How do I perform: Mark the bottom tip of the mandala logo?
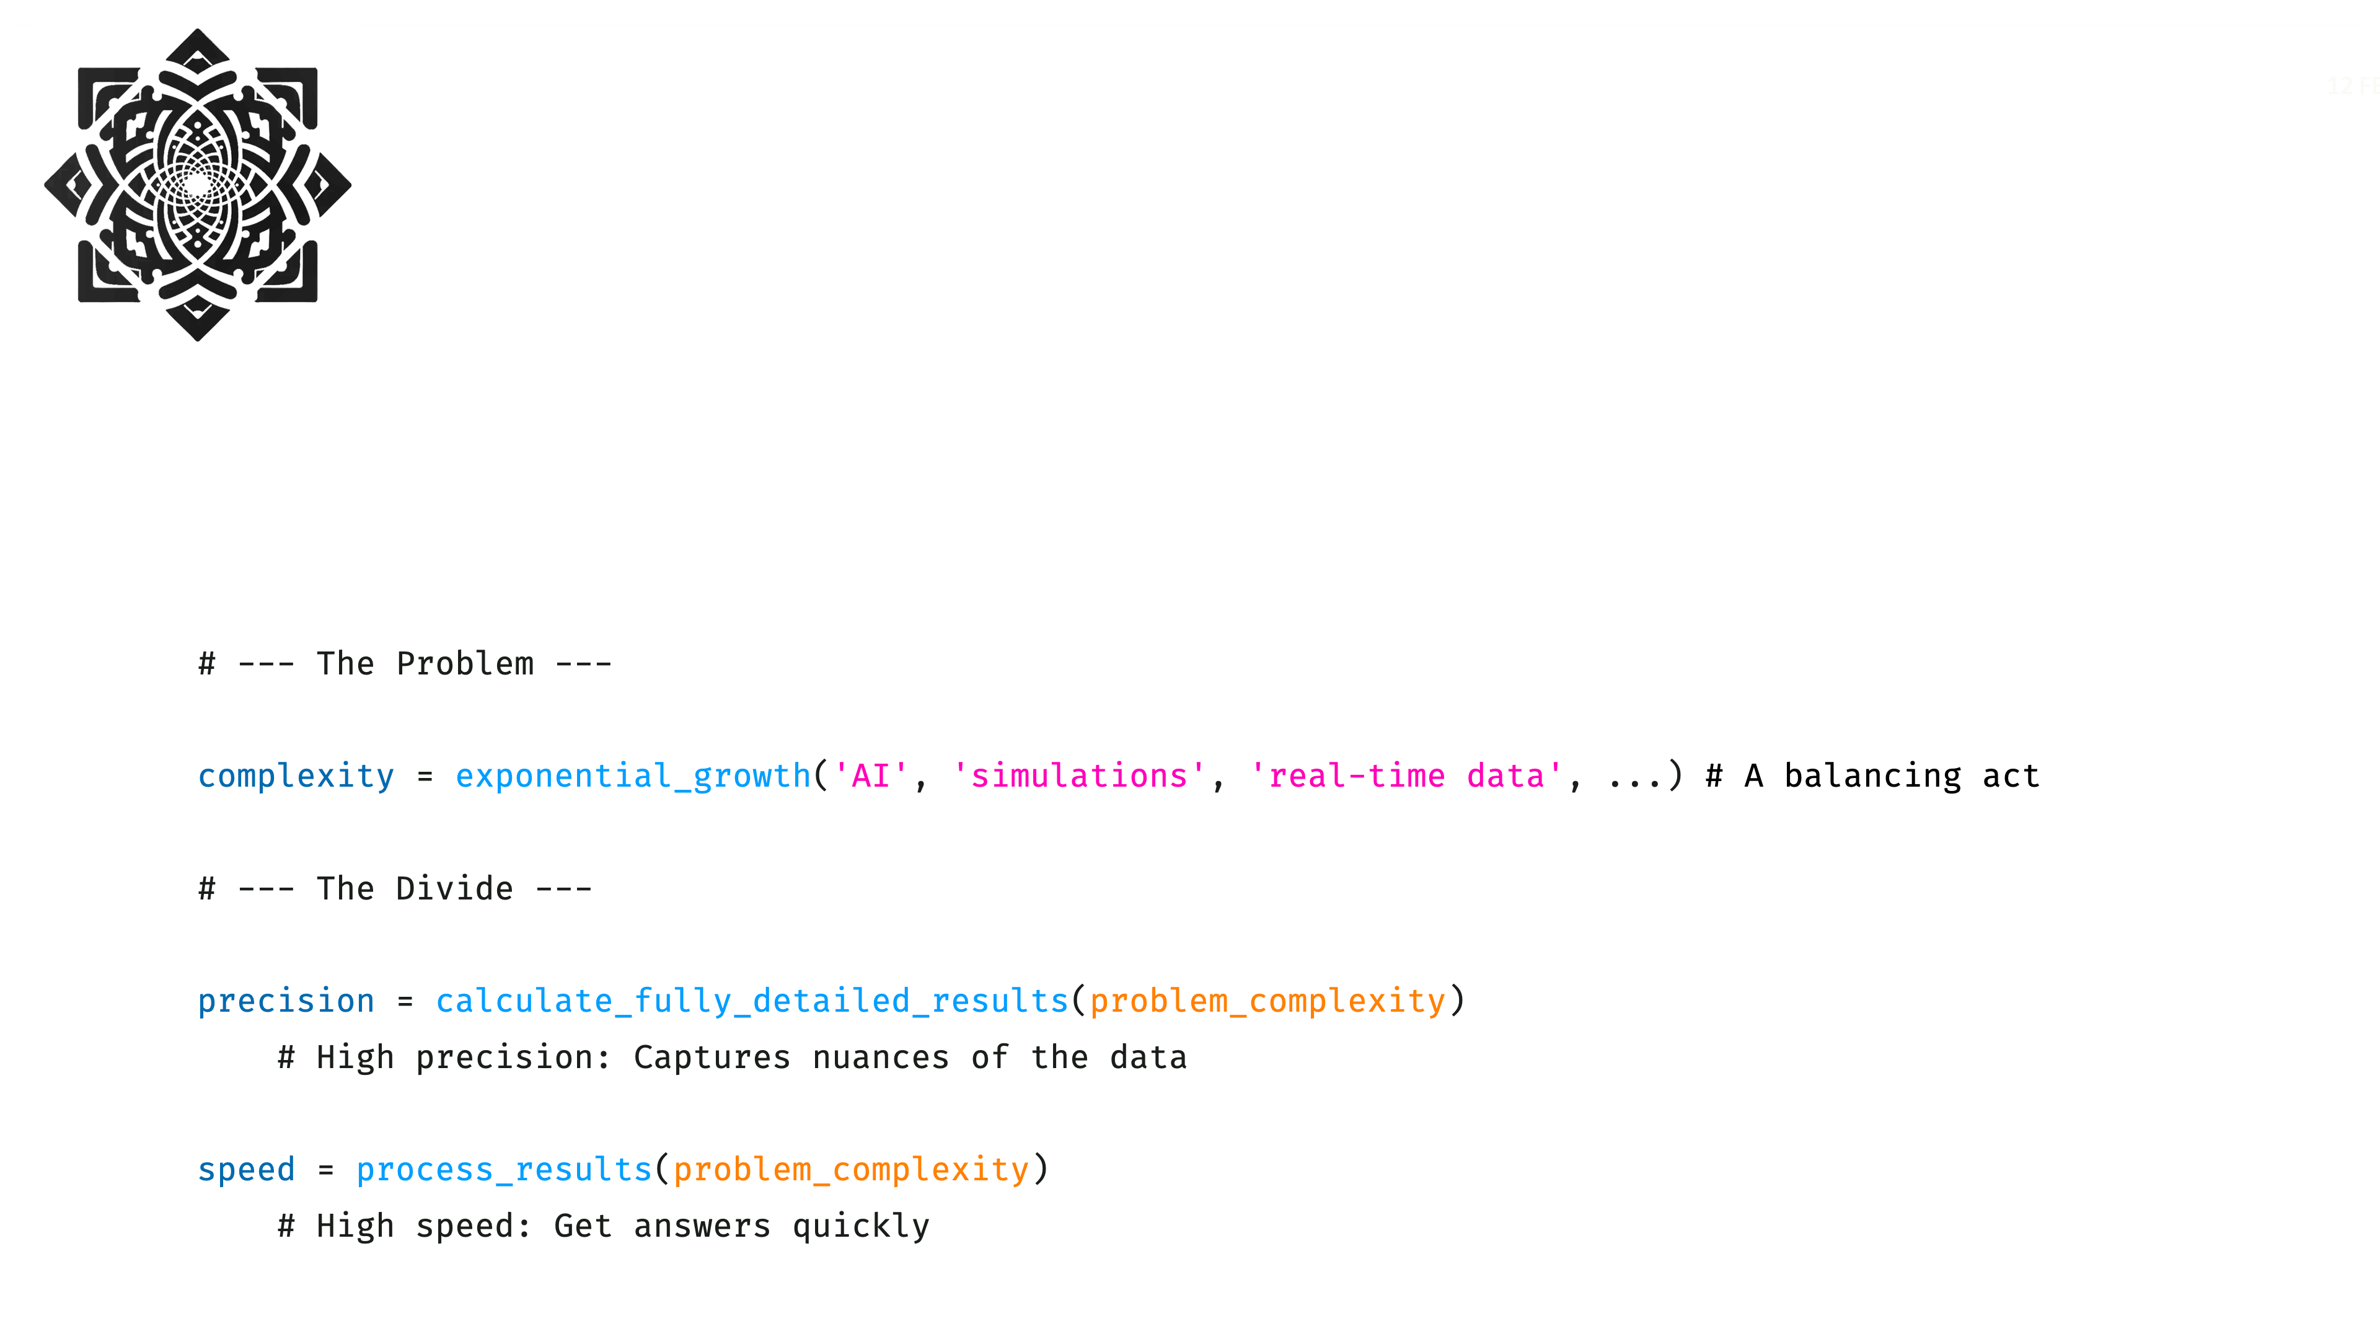coord(198,341)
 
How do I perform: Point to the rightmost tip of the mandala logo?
coord(351,185)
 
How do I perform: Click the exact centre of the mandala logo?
coord(198,185)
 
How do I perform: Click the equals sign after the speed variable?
coord(325,1170)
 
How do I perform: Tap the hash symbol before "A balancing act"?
coord(1714,776)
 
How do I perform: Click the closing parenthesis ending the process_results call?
coord(1041,1169)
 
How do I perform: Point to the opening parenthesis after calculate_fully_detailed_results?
coord(1079,1001)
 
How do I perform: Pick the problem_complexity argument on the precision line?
coord(1267,1001)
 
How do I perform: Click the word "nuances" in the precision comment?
coord(881,1057)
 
